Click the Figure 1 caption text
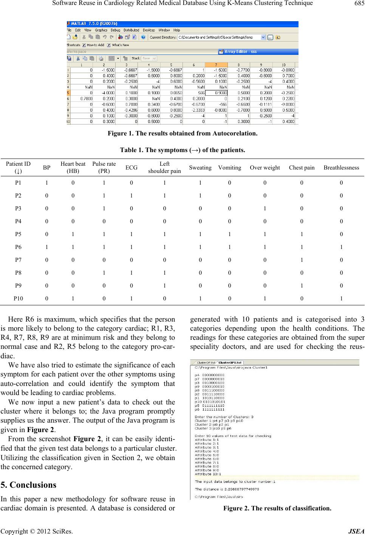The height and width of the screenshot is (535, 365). [182, 133]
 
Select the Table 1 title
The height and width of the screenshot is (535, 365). [182, 150]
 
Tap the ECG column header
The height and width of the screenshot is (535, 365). [131, 168]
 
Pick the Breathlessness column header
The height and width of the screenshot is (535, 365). [341, 168]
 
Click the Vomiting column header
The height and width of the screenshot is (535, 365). [229, 168]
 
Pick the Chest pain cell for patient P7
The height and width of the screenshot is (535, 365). [302, 260]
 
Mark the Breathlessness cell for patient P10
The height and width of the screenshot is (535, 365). [341, 298]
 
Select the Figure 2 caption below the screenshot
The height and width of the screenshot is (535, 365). [277, 508]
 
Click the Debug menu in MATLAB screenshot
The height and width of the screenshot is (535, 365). [115, 30]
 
